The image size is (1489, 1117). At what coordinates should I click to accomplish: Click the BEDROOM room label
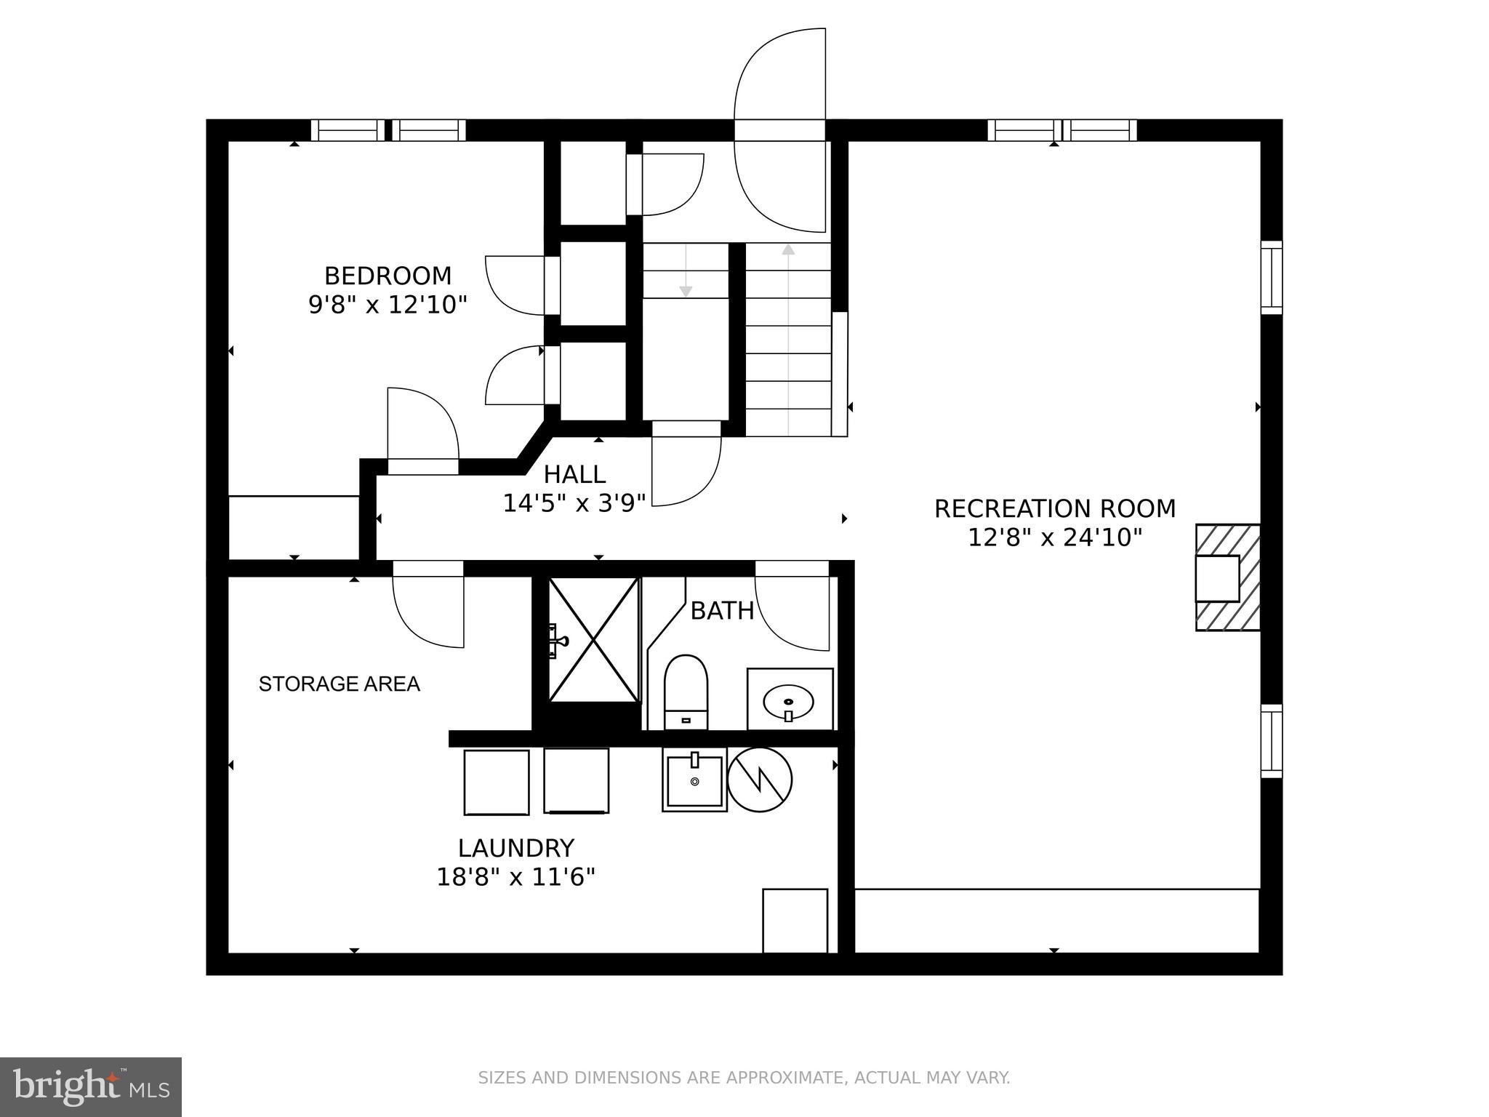[x=388, y=276]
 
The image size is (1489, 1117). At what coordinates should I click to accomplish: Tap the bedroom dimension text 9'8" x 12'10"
[x=388, y=304]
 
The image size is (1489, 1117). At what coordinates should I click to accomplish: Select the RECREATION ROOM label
[x=1054, y=508]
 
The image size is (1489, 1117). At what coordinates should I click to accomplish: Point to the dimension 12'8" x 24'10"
[x=1054, y=537]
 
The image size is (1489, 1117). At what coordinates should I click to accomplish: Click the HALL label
[x=574, y=474]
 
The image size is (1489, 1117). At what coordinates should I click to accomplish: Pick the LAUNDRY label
[x=516, y=848]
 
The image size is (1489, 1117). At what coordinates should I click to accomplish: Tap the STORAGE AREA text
[x=340, y=684]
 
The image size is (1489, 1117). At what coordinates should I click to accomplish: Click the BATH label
[x=721, y=611]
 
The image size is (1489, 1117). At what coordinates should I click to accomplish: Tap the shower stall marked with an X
[x=593, y=640]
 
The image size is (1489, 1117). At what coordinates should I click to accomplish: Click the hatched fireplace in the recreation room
[x=1227, y=577]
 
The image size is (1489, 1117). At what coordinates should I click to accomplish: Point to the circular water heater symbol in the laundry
[x=759, y=779]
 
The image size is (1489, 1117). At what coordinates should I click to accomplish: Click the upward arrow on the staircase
[x=788, y=250]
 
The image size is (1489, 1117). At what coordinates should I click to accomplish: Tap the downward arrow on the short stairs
[x=685, y=291]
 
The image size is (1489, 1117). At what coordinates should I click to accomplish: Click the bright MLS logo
[x=90, y=1086]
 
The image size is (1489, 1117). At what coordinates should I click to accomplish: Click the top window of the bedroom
[x=389, y=130]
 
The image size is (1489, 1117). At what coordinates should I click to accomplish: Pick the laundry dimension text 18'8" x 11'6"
[x=515, y=877]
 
